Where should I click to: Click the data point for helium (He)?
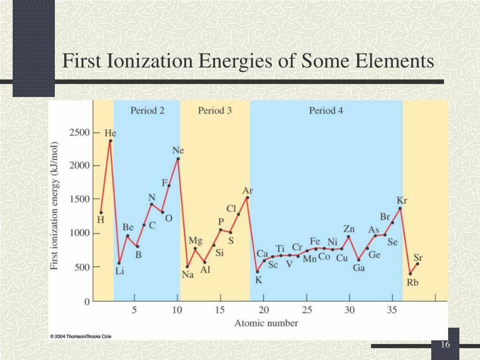[110, 140]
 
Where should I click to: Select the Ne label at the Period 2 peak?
[178, 150]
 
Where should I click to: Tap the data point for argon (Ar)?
[247, 197]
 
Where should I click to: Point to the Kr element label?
[402, 200]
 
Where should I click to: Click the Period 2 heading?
[147, 111]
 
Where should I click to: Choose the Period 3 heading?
[215, 111]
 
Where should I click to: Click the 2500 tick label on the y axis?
[79, 133]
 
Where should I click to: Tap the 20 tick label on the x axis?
[264, 310]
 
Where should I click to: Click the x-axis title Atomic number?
[266, 323]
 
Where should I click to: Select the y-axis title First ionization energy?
[55, 205]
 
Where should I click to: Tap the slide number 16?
[445, 345]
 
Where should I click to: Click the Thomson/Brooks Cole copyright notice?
[81, 336]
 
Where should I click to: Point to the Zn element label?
[349, 229]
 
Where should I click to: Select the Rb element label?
[412, 283]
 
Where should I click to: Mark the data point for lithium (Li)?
[119, 262]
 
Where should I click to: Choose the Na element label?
[187, 275]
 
